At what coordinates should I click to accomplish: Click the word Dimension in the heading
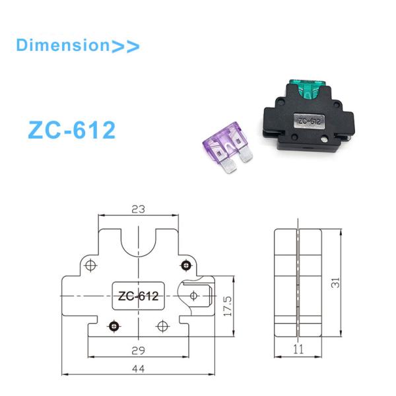click(x=62, y=46)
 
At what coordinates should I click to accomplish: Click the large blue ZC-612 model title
click(x=72, y=130)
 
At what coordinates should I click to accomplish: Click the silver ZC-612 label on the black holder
click(x=308, y=121)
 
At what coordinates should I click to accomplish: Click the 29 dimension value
click(x=138, y=350)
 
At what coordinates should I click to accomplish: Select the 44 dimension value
click(x=138, y=368)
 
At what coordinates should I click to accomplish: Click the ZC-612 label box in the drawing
click(x=138, y=296)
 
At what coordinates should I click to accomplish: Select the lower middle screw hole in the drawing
click(x=162, y=326)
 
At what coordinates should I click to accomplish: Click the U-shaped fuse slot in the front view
click(x=139, y=246)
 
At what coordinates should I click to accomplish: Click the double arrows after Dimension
click(x=125, y=46)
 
